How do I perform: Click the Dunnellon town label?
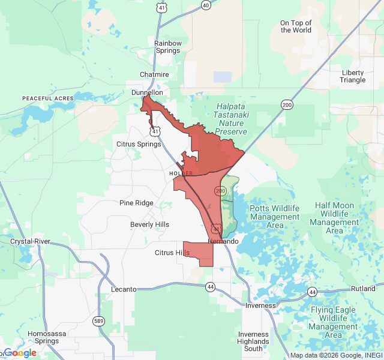click(x=147, y=93)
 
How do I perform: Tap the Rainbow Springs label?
click(x=167, y=47)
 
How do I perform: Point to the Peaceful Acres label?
click(x=47, y=98)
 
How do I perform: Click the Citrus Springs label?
click(x=139, y=144)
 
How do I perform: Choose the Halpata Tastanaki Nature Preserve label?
click(x=230, y=119)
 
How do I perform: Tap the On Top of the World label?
click(x=296, y=26)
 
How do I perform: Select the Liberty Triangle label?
click(x=353, y=76)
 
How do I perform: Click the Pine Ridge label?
click(x=136, y=203)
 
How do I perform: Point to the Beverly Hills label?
click(x=149, y=224)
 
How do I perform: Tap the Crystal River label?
click(x=30, y=241)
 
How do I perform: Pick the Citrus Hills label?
click(x=172, y=253)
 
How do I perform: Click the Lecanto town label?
click(x=125, y=289)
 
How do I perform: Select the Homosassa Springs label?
click(x=43, y=337)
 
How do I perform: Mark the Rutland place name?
click(x=363, y=289)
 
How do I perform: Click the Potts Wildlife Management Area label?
click(x=275, y=217)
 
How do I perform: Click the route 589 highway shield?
click(x=99, y=321)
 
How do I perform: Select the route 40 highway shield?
click(x=206, y=5)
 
